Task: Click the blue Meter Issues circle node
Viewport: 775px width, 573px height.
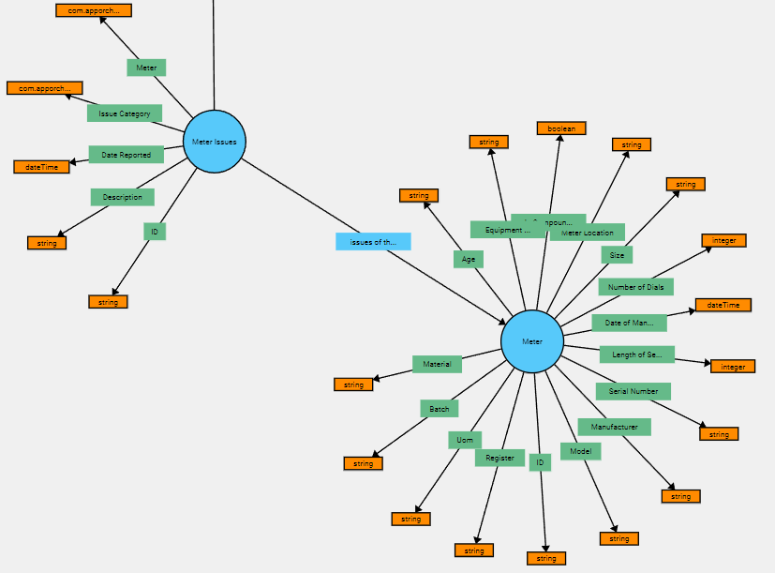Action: (x=215, y=142)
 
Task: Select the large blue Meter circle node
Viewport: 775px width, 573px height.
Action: (x=532, y=341)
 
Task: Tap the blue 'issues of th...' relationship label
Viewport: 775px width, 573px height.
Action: (x=373, y=242)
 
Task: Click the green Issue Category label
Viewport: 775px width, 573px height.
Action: (x=125, y=113)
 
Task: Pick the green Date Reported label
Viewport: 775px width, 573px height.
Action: (x=127, y=155)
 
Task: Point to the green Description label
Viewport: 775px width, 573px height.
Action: (x=123, y=197)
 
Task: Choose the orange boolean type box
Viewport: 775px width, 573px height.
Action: (x=561, y=128)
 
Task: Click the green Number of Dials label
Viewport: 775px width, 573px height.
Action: (x=635, y=287)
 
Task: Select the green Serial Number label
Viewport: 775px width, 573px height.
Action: (x=633, y=391)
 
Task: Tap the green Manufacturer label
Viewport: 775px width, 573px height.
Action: (x=614, y=427)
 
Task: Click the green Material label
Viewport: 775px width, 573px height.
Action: (x=437, y=364)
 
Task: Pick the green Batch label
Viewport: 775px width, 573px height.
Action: (x=440, y=409)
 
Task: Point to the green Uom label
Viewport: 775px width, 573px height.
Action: (x=465, y=440)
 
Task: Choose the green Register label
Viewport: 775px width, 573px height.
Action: (x=499, y=458)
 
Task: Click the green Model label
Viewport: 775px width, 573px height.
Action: (x=580, y=451)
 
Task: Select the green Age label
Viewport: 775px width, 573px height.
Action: (x=469, y=260)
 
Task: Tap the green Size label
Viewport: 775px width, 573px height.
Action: (x=617, y=255)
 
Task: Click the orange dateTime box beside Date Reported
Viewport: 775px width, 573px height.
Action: (x=42, y=167)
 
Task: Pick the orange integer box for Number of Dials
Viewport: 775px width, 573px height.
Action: (x=724, y=241)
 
